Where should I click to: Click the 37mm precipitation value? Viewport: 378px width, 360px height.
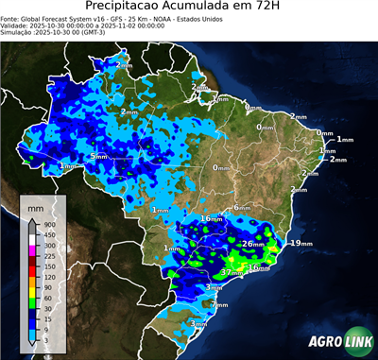228,272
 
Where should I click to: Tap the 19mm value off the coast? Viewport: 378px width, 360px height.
301,244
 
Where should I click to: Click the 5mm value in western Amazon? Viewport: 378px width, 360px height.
97,156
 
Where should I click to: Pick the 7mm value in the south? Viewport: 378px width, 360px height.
219,305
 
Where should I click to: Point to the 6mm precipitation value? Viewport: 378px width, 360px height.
242,207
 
